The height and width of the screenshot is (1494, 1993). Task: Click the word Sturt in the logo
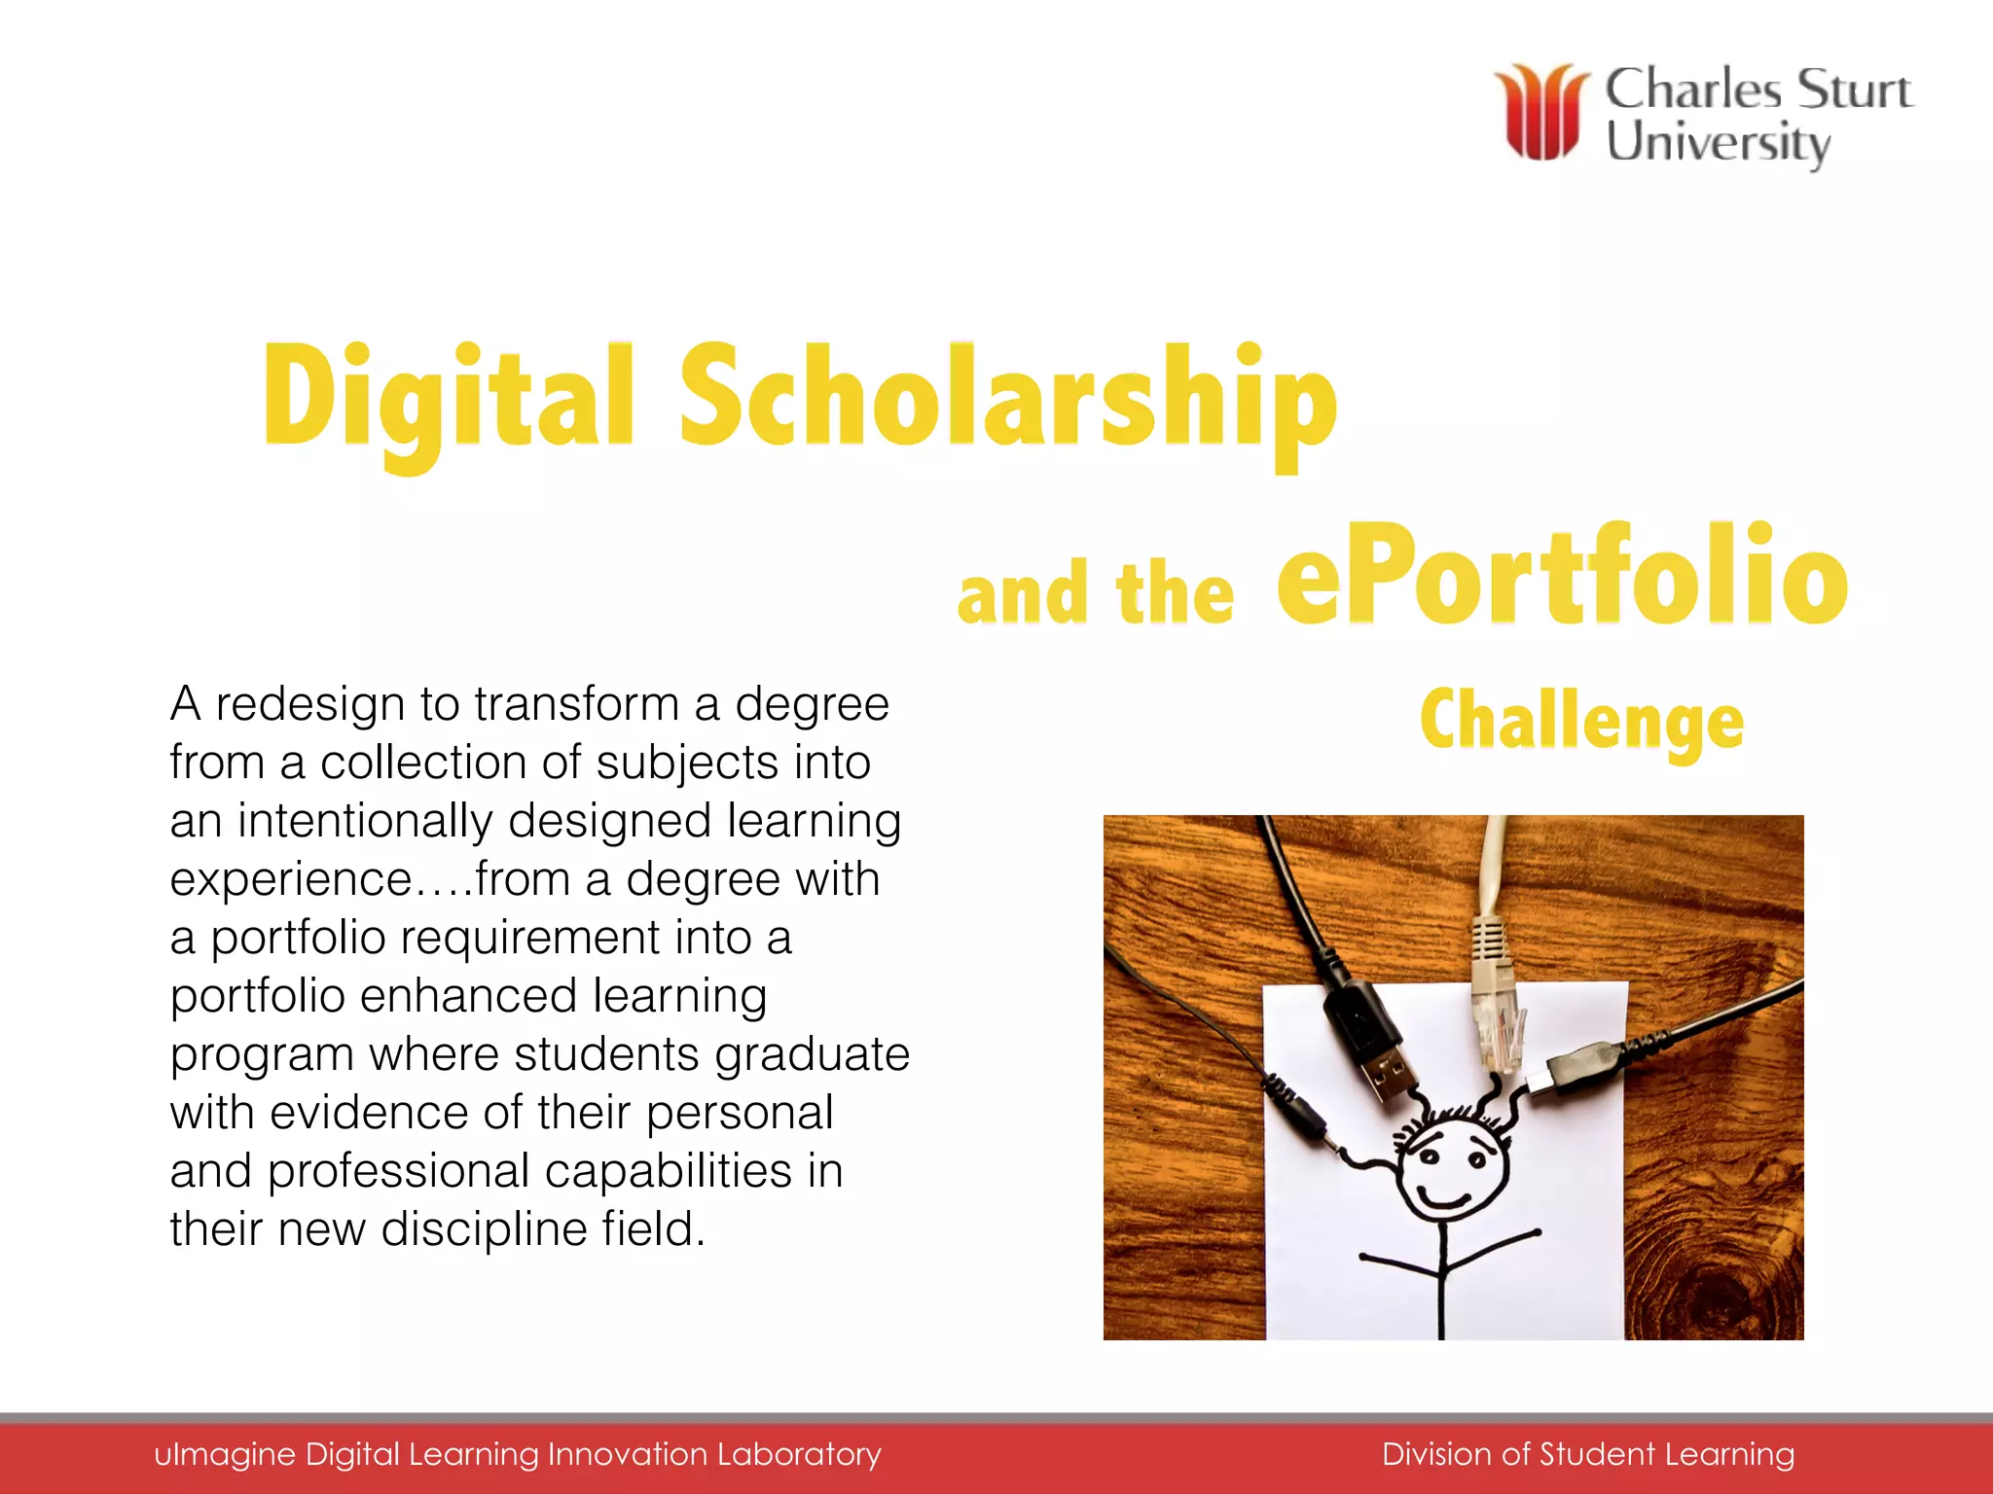1855,89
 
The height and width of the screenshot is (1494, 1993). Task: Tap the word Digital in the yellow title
448,399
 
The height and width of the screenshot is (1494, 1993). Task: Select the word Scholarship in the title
1007,399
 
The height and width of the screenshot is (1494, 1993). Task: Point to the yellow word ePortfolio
1562,579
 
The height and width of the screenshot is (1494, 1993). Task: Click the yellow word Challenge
1581,722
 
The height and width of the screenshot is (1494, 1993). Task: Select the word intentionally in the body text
366,821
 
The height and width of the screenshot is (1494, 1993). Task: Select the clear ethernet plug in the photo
1499,1021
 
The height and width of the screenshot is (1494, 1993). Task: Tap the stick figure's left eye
1429,1156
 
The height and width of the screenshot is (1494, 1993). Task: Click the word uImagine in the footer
225,1454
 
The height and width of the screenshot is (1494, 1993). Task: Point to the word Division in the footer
1436,1454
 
